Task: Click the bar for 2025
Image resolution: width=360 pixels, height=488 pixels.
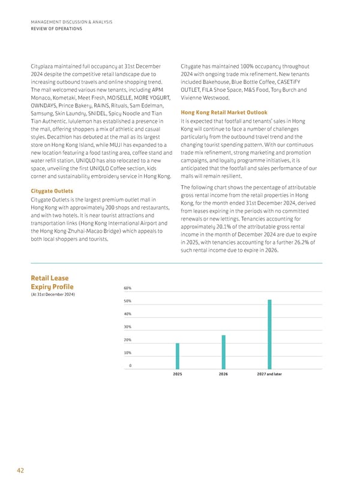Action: (177, 356)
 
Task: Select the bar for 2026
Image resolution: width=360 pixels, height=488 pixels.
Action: (223, 352)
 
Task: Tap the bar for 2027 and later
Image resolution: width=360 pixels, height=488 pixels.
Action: (269, 334)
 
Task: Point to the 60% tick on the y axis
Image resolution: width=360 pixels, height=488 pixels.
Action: (128, 288)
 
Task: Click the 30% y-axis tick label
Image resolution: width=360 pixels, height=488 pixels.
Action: (128, 327)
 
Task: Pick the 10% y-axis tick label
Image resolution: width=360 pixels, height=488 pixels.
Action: (128, 353)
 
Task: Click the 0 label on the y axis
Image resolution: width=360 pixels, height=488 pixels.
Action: (130, 366)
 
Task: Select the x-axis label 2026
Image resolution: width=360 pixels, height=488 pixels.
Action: (223, 374)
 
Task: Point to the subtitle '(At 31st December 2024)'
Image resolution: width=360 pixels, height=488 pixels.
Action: (52, 294)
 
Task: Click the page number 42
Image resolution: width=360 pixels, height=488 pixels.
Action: (21, 471)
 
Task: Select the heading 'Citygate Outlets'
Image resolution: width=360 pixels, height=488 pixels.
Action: (52, 191)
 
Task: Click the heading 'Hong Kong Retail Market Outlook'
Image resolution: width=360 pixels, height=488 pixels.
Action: (224, 113)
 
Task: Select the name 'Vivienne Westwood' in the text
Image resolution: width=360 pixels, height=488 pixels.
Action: (205, 98)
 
